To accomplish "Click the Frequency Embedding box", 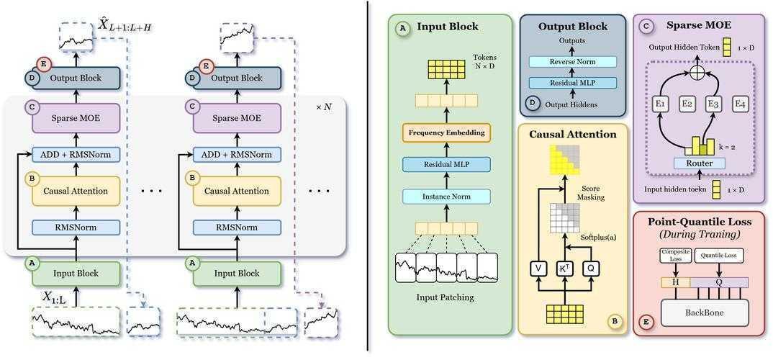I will (447, 132).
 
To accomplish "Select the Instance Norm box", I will (447, 196).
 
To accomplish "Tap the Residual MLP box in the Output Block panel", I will (574, 83).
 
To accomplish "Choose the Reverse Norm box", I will (574, 62).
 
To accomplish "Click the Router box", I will (699, 163).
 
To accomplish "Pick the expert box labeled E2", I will (687, 104).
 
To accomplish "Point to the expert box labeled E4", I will (740, 104).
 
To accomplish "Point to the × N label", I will (325, 107).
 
